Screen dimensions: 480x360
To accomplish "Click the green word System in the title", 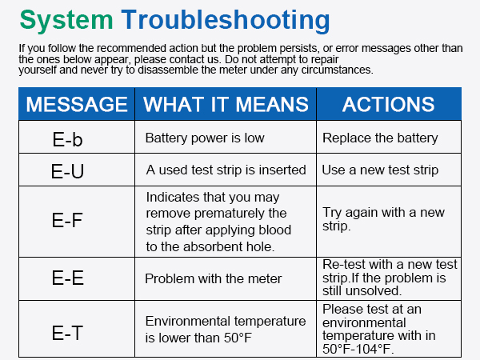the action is (66, 20).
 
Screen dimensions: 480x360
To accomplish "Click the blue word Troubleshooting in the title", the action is (226, 20).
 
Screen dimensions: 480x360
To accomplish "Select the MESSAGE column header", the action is (77, 104).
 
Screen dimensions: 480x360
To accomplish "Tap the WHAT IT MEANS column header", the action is (226, 104).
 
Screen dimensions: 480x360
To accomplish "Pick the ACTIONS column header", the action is (389, 104).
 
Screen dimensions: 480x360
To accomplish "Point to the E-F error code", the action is (67, 220).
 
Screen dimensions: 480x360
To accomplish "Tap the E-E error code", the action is (68, 278).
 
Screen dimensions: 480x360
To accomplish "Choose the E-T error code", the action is (67, 333).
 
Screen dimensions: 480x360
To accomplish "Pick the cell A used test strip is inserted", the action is (226, 170).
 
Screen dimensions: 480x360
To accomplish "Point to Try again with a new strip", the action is (383, 219).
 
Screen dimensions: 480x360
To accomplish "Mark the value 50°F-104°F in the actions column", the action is (358, 349).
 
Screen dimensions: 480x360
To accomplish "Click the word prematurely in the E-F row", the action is (216, 214).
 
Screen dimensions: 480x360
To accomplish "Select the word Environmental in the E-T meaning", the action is (188, 321).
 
